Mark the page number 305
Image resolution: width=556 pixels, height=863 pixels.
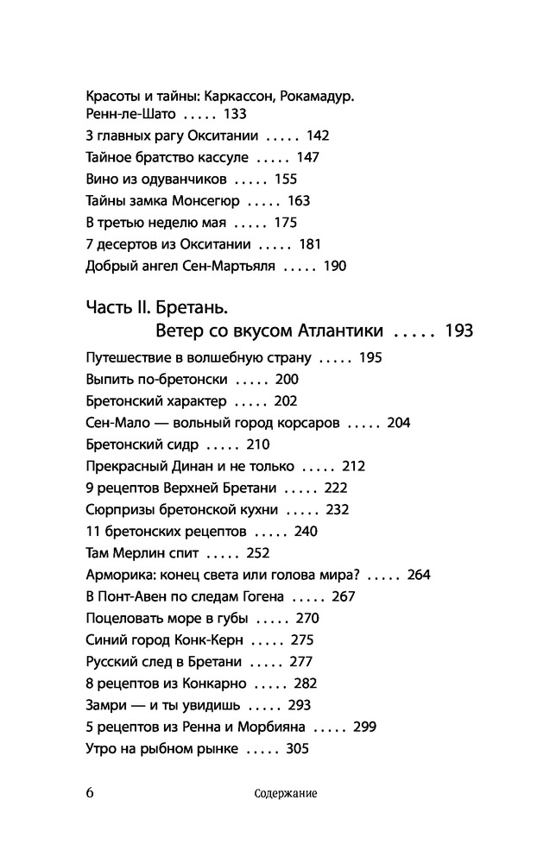[x=296, y=748]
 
